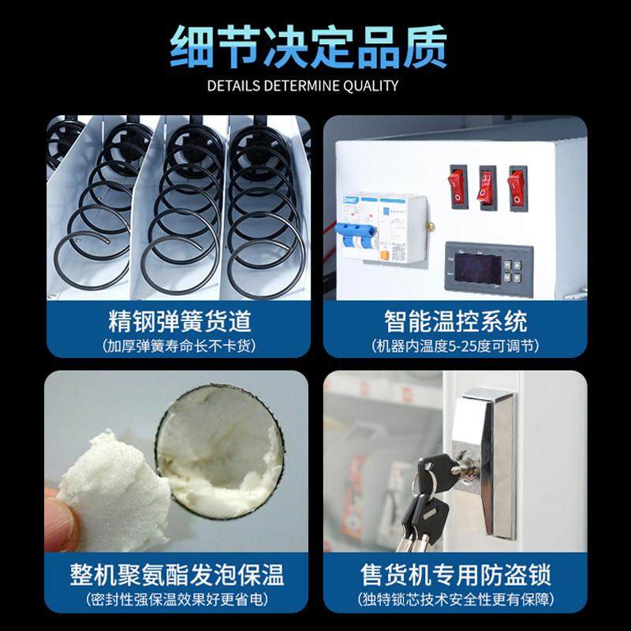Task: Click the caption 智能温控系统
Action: coord(456,322)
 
